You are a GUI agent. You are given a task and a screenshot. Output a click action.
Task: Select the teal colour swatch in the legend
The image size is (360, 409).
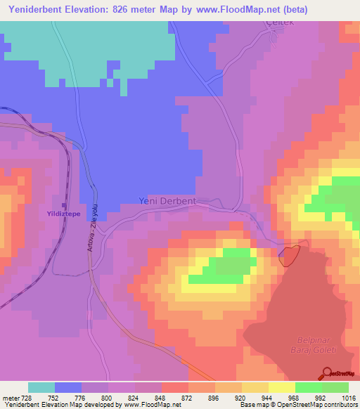tap(41, 387)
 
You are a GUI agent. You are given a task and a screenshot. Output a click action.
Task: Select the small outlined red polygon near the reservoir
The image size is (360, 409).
tap(290, 254)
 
